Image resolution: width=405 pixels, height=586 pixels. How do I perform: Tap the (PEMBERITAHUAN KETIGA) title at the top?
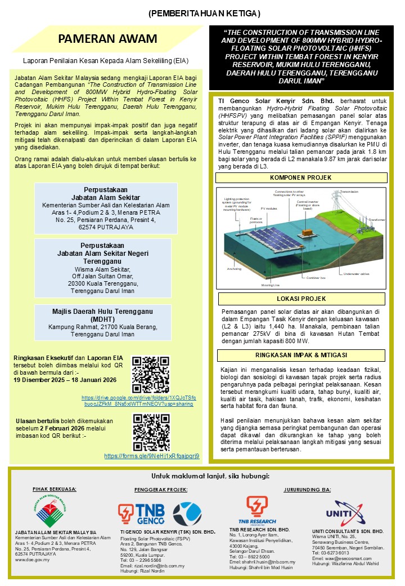point(204,13)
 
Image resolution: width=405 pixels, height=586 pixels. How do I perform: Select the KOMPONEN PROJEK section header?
point(301,177)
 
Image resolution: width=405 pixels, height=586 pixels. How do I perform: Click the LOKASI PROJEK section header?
point(301,299)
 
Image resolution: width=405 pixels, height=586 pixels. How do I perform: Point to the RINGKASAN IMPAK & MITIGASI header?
point(301,356)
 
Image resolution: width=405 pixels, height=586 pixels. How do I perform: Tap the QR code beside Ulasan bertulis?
point(151,432)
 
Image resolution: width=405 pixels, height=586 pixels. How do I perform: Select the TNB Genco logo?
point(142,512)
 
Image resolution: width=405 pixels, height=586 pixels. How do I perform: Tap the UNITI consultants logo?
point(347,512)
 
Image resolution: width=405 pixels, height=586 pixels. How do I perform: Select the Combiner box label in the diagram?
point(316,278)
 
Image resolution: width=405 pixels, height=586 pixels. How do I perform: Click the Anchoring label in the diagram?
point(234,269)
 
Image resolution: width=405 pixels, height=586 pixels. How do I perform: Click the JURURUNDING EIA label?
point(307,489)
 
